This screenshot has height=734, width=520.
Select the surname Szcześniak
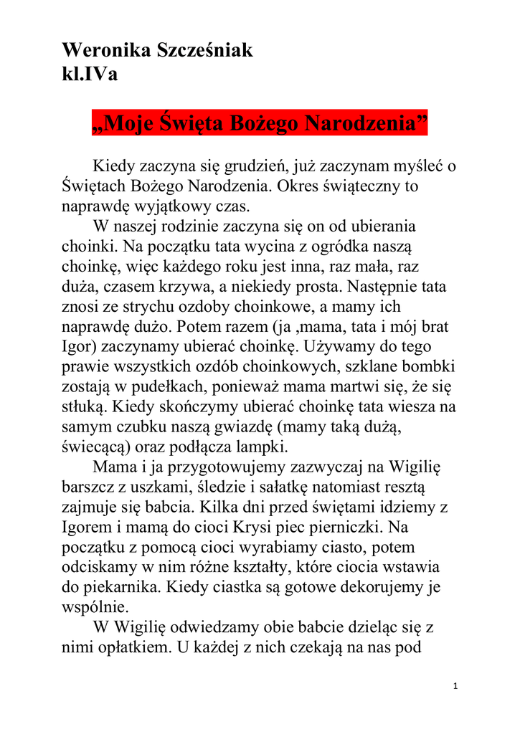(x=204, y=51)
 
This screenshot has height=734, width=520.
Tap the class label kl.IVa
(x=90, y=74)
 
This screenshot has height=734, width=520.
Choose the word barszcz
(x=87, y=486)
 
